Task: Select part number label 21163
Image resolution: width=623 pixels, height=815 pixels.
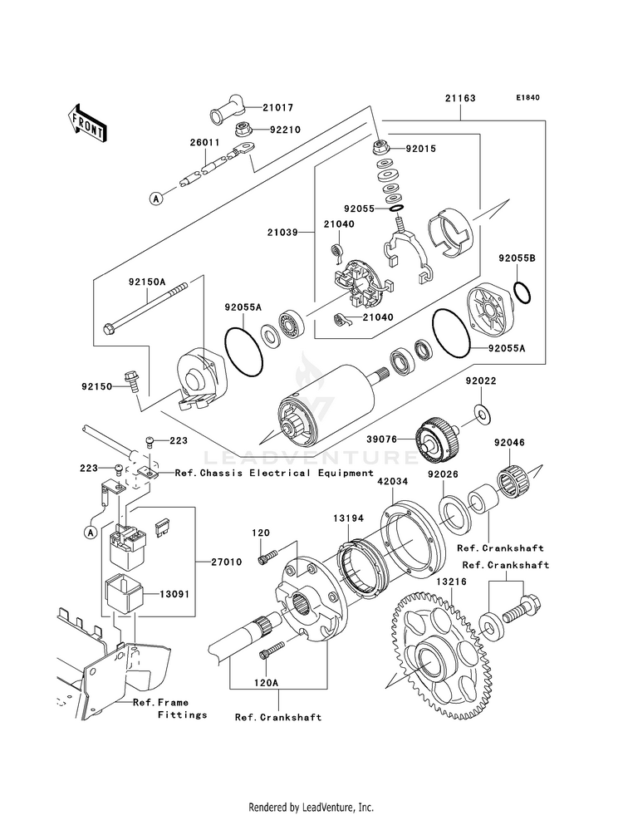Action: pyautogui.click(x=459, y=97)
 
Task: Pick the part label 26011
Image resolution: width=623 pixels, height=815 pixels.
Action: pyautogui.click(x=204, y=142)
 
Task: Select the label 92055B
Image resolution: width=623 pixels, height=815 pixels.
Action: pyautogui.click(x=518, y=259)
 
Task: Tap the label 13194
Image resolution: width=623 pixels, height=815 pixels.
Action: pyautogui.click(x=349, y=518)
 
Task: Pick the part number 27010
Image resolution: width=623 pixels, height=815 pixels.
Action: pyautogui.click(x=226, y=562)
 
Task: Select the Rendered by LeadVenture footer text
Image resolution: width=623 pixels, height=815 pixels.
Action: pyautogui.click(x=311, y=807)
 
